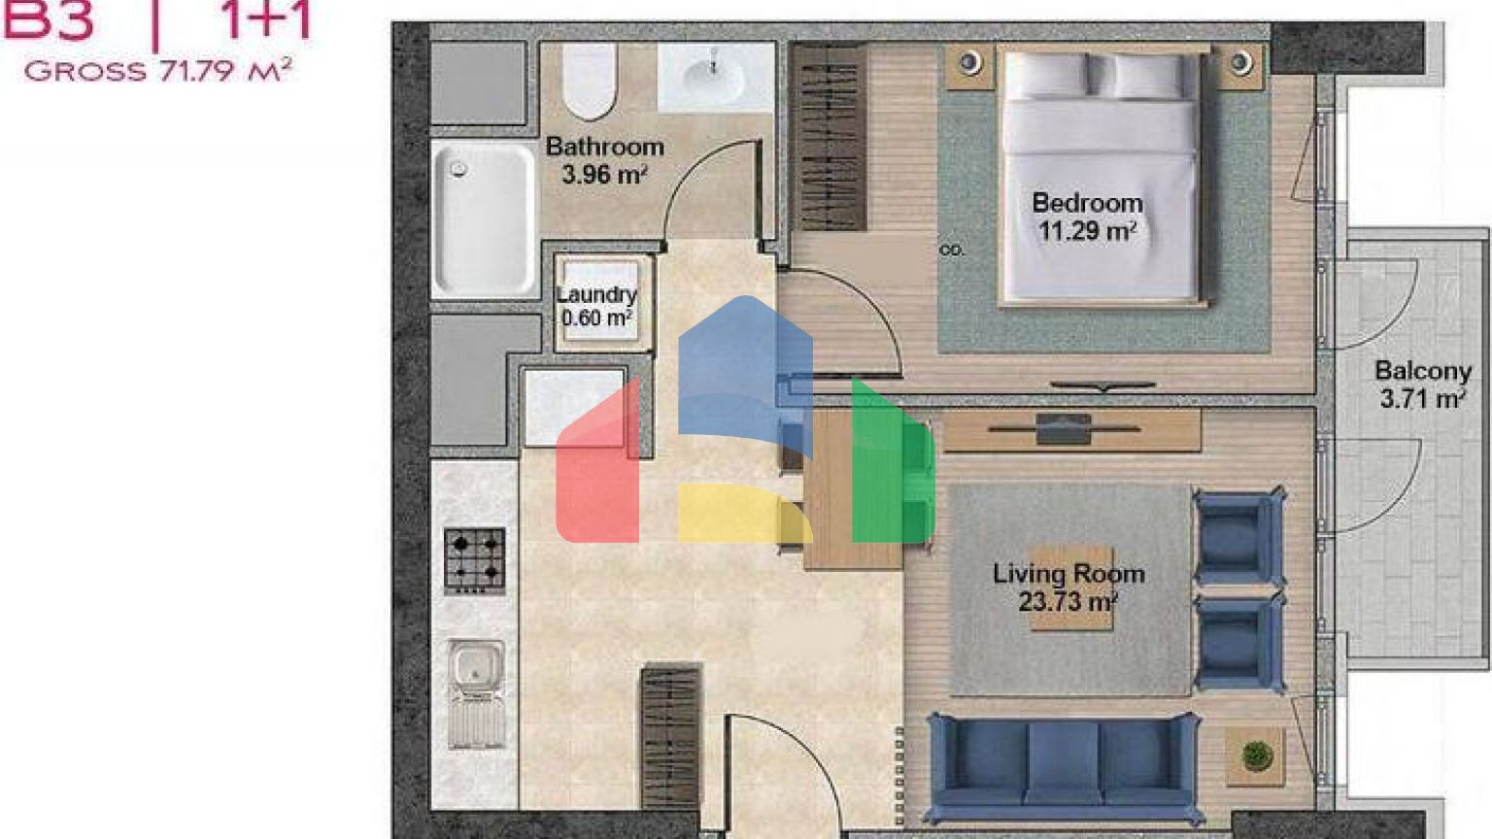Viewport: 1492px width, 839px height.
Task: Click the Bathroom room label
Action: coord(605,147)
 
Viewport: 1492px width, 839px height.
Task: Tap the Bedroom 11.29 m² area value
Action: coord(1087,232)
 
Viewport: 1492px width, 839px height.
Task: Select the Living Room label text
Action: coord(1069,574)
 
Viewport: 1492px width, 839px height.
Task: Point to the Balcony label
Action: coord(1423,371)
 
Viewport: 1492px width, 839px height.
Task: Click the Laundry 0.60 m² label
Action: coord(596,306)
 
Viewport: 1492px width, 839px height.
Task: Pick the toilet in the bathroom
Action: coord(588,82)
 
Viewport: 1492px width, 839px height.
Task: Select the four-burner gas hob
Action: coord(474,561)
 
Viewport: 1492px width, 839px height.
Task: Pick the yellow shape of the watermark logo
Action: coord(745,512)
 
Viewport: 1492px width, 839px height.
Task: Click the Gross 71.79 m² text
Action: coord(158,71)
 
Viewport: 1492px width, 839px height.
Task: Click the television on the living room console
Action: coord(1063,429)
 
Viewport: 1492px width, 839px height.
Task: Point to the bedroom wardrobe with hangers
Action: coord(830,138)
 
